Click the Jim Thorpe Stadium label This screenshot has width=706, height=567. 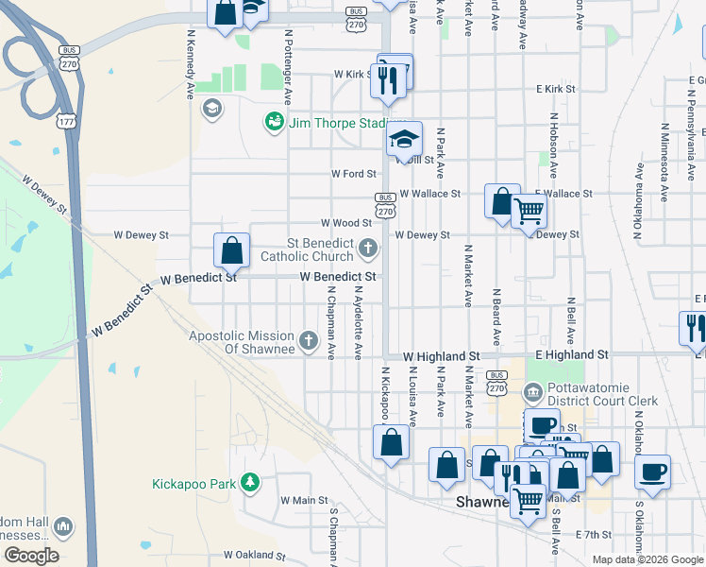tap(338, 123)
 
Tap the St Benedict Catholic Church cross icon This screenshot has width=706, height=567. tap(368, 249)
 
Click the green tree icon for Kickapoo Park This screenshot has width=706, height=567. tap(249, 484)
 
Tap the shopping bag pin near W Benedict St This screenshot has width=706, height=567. tap(231, 251)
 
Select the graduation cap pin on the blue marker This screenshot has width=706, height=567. tap(404, 140)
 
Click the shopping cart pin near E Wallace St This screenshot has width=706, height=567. tap(529, 211)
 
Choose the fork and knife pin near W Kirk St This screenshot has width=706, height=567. tap(390, 81)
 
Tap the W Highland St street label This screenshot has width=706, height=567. tap(441, 356)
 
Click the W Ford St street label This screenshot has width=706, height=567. tap(354, 174)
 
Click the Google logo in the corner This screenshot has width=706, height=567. tap(31, 555)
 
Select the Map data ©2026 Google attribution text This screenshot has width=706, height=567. tap(647, 559)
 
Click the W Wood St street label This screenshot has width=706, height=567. tap(346, 223)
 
